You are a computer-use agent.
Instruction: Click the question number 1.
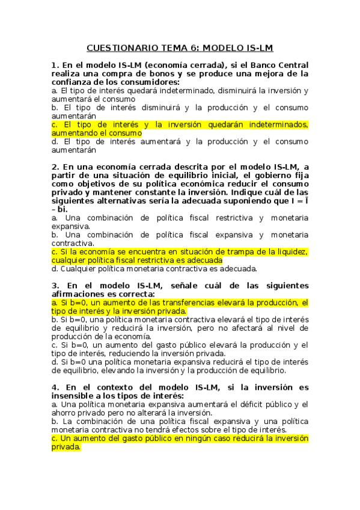(55, 64)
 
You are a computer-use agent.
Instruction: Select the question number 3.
(55, 284)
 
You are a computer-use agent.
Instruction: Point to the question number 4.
(55, 386)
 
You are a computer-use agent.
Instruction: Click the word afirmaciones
(79, 293)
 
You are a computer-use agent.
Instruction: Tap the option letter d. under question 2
(55, 269)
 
